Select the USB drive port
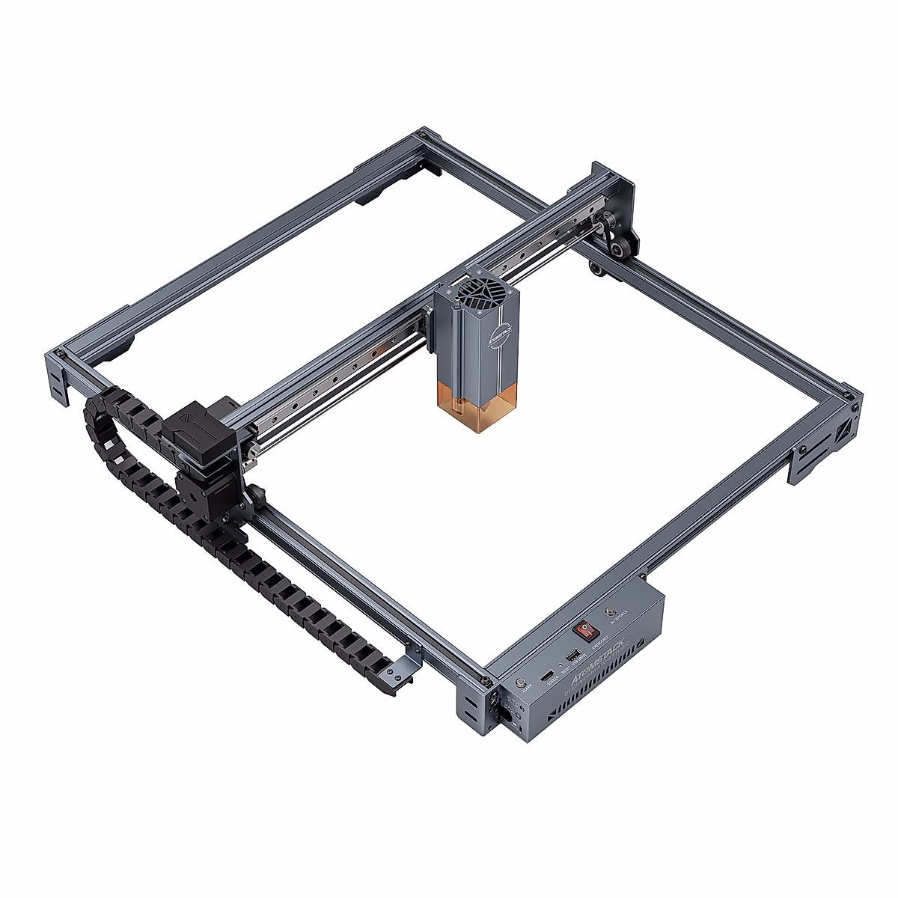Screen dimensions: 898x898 [573, 656]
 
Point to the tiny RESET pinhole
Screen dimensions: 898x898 [561, 665]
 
